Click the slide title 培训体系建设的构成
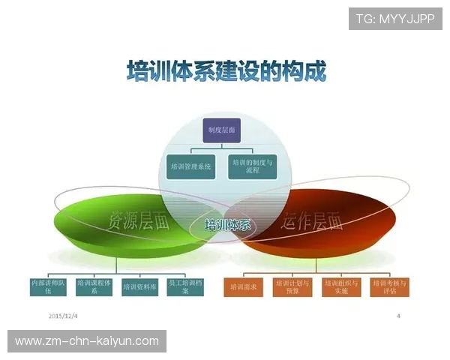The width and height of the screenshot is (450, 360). coord(226,72)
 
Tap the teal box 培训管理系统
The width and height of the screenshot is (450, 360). coord(190,165)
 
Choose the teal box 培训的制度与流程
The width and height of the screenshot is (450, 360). coord(252,165)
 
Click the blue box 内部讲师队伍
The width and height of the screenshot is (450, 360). coord(47,286)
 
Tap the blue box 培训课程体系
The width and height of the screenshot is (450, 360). coord(94,286)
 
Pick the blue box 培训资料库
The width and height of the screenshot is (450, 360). coord(140,286)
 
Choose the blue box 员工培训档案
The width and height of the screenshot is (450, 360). coord(187,286)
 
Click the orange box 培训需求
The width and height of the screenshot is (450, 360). coord(244,286)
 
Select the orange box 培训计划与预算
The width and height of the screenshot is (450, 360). coord(292,286)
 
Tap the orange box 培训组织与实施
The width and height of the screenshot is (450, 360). coord(341,286)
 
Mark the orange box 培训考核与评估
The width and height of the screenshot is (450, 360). coord(389,286)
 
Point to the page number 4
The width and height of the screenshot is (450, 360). coord(398,316)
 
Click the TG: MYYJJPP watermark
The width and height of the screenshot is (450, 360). coord(394,18)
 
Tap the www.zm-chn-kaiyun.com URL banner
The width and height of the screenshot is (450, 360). coord(87,341)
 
